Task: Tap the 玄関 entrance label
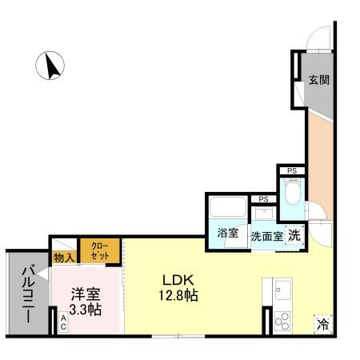(319, 80)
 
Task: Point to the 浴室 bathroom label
(228, 234)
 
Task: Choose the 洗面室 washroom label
(266, 236)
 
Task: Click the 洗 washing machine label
(294, 235)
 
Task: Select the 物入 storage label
(64, 258)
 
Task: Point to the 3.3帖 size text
(84, 310)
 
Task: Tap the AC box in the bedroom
(63, 323)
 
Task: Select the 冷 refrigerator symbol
(323, 324)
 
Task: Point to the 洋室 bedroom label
(84, 294)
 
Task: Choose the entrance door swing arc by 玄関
(318, 36)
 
